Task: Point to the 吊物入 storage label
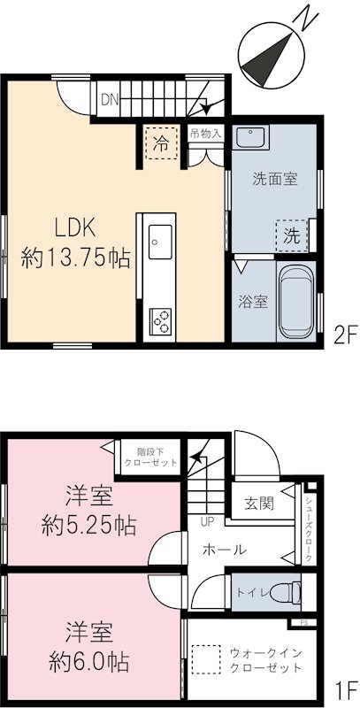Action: click(206, 134)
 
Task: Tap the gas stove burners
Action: click(161, 319)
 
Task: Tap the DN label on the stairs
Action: click(109, 100)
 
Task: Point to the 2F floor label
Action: click(344, 335)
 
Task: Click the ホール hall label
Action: click(225, 550)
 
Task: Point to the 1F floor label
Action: click(344, 688)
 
